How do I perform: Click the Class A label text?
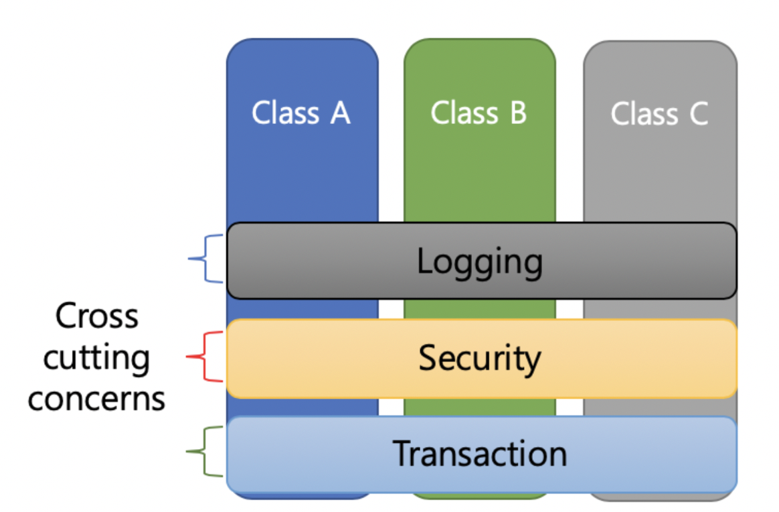pos(301,113)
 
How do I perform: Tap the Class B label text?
pos(479,113)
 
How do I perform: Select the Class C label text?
pos(659,113)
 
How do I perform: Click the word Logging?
pos(479,261)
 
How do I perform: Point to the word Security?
pos(479,359)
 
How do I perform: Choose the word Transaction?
pos(479,454)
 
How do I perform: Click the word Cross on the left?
pos(96,316)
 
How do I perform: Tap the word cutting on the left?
pos(96,358)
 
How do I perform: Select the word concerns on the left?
pos(96,399)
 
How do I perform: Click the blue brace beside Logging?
pos(205,259)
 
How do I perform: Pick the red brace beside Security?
pos(203,357)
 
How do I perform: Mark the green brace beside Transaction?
pos(203,452)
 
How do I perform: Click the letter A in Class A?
pos(340,113)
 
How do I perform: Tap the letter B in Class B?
pos(517,113)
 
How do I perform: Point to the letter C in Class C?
pos(698,113)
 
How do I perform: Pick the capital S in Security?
pos(428,359)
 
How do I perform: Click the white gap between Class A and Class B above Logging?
pos(391,134)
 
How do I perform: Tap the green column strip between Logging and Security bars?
pos(479,309)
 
